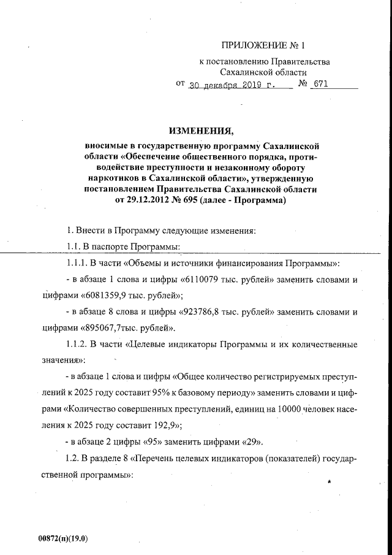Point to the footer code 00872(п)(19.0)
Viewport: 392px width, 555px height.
[x=63, y=538]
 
